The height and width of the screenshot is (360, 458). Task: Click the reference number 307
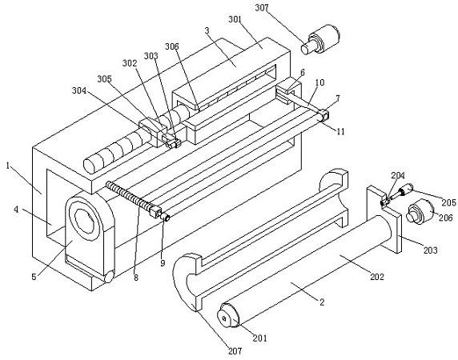pos(262,8)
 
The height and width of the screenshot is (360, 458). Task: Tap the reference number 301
pos(235,19)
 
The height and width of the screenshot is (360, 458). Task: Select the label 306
pos(171,46)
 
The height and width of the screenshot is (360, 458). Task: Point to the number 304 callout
pos(79,91)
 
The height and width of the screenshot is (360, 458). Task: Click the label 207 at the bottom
pos(235,350)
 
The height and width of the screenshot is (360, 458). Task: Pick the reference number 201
pos(259,338)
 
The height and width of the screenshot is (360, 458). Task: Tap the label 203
pos(431,250)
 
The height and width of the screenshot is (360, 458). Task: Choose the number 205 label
pos(449,202)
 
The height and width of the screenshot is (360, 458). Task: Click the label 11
pos(340,131)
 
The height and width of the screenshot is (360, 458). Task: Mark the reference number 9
pos(163,263)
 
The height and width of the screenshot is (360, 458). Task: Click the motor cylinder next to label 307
pos(321,39)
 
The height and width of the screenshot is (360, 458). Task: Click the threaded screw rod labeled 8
pos(131,198)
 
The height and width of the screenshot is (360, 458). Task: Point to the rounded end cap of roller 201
pos(229,316)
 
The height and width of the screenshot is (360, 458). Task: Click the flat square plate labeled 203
pos(384,219)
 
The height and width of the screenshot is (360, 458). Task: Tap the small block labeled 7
pos(324,114)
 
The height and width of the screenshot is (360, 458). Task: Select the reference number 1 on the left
pos(8,166)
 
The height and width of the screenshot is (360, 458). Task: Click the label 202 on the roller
pos(377,276)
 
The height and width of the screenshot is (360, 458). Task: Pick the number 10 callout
pos(319,82)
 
